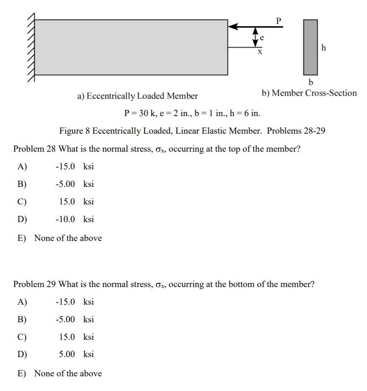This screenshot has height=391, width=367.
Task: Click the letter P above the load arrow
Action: pos(278,20)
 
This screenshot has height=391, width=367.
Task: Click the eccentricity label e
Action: pos(262,37)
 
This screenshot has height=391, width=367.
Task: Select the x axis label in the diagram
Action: pos(259,52)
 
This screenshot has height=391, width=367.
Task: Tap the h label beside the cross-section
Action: pos(323,48)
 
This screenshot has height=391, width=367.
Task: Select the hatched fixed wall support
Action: pos(31,47)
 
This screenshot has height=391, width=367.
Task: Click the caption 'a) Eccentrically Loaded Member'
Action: pos(137,96)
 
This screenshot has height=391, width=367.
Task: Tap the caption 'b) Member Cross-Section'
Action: pos(309,93)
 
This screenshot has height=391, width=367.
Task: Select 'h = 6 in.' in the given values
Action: pos(245,113)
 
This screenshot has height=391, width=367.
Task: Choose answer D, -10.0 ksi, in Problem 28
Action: pos(74,219)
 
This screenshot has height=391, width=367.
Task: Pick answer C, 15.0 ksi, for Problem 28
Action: pos(76,202)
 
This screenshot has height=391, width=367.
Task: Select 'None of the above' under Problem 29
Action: pos(67,373)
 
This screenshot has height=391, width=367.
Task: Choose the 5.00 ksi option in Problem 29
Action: pos(76,355)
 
